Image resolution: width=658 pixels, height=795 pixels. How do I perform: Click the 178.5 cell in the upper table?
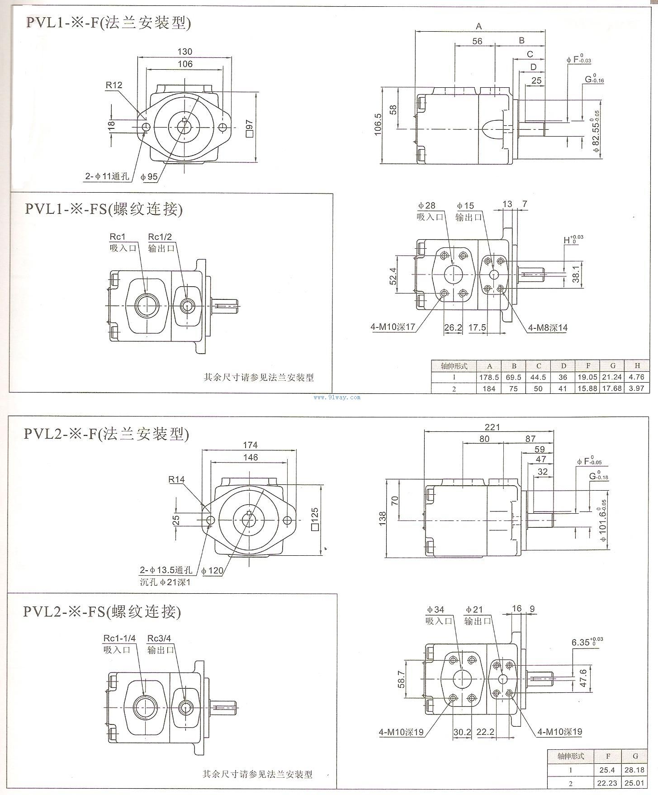click(x=489, y=377)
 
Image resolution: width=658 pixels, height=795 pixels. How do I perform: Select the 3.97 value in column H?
click(x=636, y=388)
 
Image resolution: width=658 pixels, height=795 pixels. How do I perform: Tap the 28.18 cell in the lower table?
click(x=635, y=770)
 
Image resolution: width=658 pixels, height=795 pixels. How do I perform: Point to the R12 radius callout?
click(x=114, y=85)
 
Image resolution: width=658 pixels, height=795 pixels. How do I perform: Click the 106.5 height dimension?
click(x=378, y=124)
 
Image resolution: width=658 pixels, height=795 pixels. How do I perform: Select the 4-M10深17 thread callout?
click(x=393, y=327)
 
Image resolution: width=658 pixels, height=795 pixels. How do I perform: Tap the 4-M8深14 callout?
click(x=546, y=327)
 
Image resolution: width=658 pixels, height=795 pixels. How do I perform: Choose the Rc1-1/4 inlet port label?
click(x=119, y=638)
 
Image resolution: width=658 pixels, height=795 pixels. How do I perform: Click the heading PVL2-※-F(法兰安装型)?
click(x=106, y=434)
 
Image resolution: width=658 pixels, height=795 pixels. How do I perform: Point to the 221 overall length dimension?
click(x=492, y=426)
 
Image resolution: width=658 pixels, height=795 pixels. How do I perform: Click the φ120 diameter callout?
click(x=213, y=570)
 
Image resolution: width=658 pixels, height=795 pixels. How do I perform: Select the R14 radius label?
click(x=177, y=479)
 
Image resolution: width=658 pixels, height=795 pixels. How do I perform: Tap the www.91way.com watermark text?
click(x=343, y=397)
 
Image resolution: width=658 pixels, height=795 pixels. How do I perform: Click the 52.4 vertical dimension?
click(x=393, y=276)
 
